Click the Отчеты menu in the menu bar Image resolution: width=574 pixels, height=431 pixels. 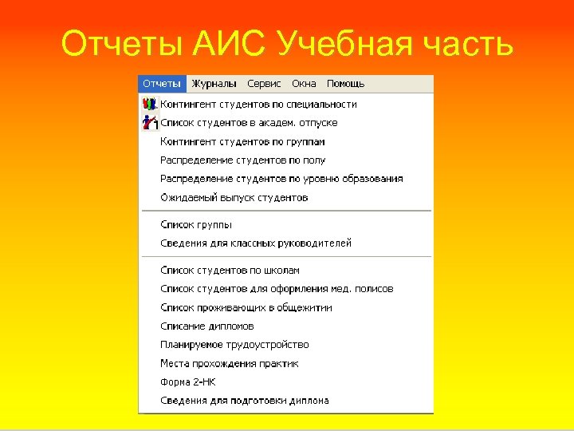[162, 84]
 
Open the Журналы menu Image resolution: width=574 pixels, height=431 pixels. [214, 84]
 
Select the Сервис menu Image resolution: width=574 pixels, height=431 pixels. [264, 84]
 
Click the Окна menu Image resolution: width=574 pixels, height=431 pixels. [304, 84]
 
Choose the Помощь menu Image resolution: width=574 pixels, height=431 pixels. [345, 84]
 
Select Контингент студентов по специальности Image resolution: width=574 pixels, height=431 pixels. [258, 105]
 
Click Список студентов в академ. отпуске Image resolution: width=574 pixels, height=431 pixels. [249, 123]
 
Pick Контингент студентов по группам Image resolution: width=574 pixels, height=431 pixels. [242, 142]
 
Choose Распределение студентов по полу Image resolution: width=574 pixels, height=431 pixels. [242, 160]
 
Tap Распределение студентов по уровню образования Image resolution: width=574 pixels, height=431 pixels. [281, 179]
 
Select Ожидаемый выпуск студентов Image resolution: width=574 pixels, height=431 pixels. [234, 198]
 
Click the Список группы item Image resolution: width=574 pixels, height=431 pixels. [196, 225]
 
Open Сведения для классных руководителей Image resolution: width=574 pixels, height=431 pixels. [255, 243]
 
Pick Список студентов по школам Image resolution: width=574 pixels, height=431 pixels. [230, 271]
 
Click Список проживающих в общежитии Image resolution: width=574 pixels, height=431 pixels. [246, 308]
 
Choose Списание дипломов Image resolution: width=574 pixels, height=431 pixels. [207, 326]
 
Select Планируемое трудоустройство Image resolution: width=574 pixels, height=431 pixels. [234, 345]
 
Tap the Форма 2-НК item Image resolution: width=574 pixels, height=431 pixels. [188, 382]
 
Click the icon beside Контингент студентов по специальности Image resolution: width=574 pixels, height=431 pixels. [150, 105]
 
